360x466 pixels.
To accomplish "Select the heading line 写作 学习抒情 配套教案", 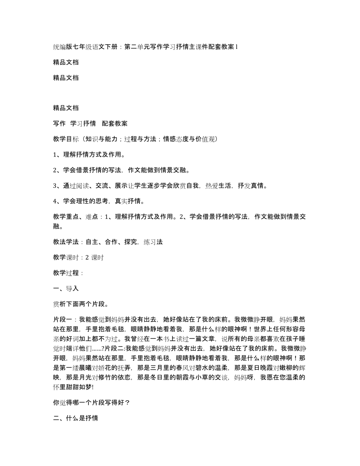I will tap(90, 123).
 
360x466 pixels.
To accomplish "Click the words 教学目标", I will tap(66, 139).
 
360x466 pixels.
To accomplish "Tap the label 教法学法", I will tap(66, 242).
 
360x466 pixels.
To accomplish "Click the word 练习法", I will tap(153, 242).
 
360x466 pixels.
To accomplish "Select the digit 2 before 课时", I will tap(87, 257).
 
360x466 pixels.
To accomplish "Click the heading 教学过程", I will tap(66, 273).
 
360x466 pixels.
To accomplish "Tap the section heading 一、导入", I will tap(66, 289).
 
